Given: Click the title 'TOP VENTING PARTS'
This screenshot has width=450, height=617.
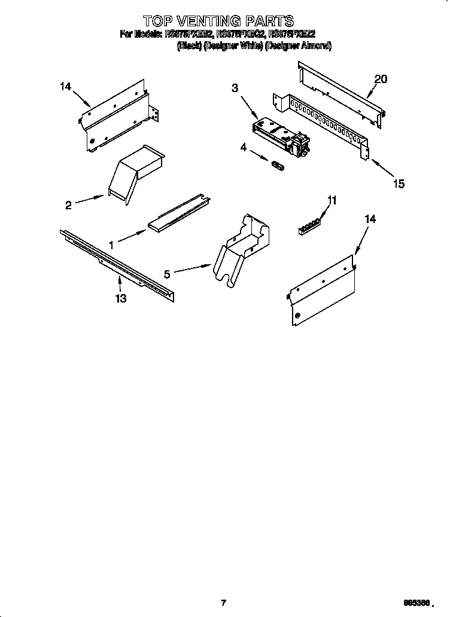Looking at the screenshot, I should point(218,23).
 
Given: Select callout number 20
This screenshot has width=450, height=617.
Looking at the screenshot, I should point(381,79).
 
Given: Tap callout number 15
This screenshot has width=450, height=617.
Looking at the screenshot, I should point(397,184).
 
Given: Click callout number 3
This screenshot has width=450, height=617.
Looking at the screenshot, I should point(235,88).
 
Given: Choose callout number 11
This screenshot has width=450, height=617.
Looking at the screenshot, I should point(332,201).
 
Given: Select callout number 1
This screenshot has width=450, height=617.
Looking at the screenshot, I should point(111,244).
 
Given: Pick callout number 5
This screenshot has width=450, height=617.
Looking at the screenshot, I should point(168,274).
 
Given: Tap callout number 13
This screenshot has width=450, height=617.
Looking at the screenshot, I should point(121,298).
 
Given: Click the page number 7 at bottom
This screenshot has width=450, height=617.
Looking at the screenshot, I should point(223,603).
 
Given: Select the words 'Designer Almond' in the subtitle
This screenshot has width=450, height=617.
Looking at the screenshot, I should point(298,45).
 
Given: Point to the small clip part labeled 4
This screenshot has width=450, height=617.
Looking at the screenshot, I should point(277,164).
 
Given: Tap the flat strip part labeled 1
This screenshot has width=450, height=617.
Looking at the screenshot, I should point(178,213).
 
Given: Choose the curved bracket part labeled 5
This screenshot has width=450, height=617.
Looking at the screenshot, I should point(238,248).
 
